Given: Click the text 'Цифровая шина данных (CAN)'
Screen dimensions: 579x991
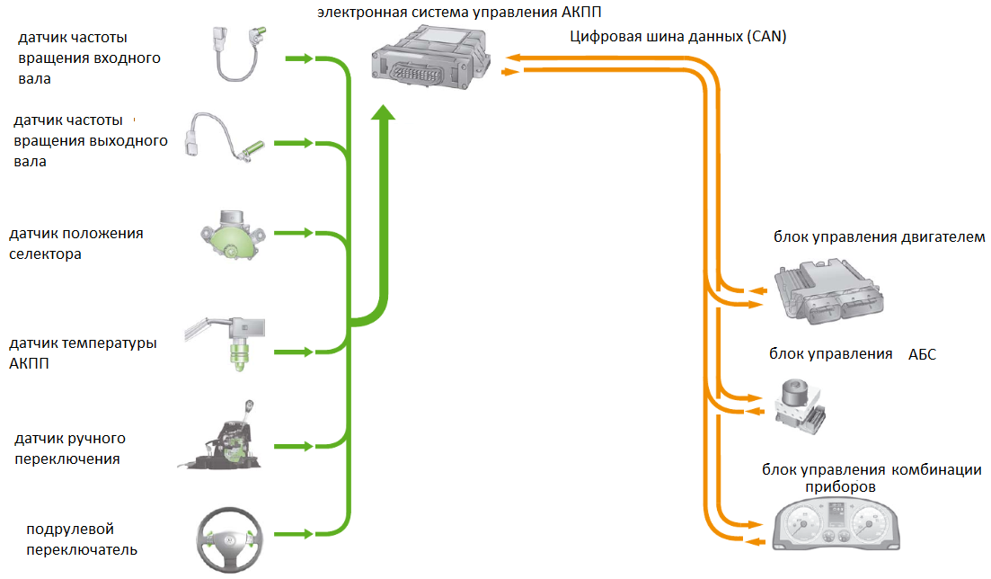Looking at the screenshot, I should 678,37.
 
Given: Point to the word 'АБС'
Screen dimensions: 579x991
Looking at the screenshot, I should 922,354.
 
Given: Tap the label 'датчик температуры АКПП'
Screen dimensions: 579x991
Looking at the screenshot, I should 82,354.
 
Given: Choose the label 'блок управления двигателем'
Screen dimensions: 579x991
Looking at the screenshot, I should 879,237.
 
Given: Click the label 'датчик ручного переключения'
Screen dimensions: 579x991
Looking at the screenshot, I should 69,449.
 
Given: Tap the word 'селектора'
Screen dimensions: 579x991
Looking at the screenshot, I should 45,254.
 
